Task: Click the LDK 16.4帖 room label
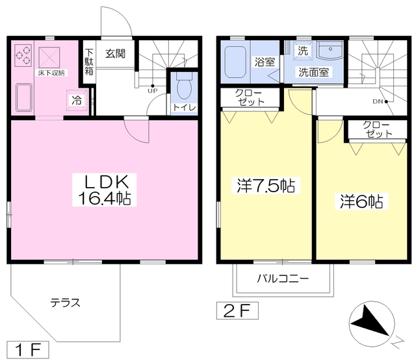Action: click(x=104, y=190)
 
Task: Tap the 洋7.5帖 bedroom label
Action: click(x=266, y=186)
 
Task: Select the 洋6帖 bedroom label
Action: click(x=361, y=201)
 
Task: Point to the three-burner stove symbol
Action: click(x=23, y=55)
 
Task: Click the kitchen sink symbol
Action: click(x=24, y=97)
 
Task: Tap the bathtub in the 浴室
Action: click(x=235, y=62)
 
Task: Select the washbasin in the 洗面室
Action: click(x=330, y=52)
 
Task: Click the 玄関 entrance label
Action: click(x=116, y=54)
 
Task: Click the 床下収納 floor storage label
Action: click(x=51, y=73)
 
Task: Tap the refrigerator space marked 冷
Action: click(x=77, y=100)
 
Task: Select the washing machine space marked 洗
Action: click(x=303, y=51)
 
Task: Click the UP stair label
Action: click(x=152, y=91)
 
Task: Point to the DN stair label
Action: click(x=378, y=101)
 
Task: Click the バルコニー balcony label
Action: click(x=283, y=279)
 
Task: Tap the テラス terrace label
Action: click(x=65, y=303)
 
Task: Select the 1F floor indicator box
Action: click(x=28, y=350)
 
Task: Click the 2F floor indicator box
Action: click(x=237, y=310)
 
